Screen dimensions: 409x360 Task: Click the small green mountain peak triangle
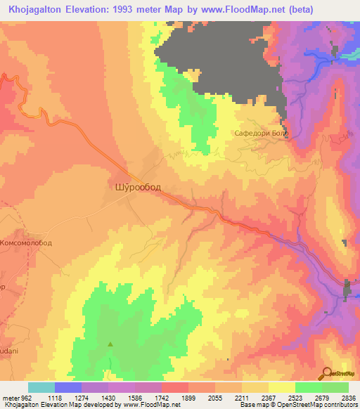110,344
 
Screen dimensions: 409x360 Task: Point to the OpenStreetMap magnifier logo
328,373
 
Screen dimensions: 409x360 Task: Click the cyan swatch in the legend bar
41,387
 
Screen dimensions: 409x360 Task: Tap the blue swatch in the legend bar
68,387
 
